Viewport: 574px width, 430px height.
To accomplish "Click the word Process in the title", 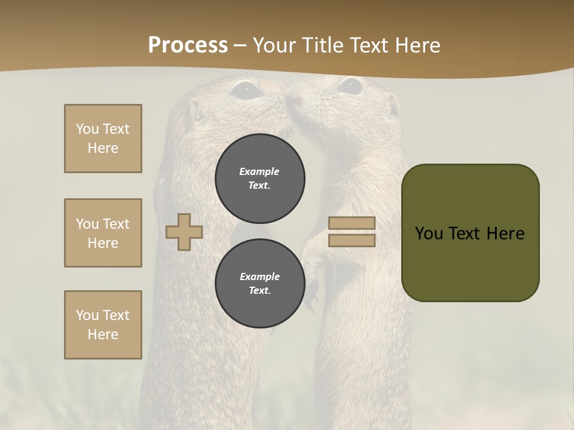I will (x=188, y=45).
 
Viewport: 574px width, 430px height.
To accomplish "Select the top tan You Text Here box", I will (x=103, y=139).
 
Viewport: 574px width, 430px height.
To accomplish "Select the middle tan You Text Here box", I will (x=103, y=233).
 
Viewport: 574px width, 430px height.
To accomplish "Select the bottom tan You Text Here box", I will (x=103, y=324).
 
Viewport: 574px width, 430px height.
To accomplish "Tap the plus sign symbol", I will (x=184, y=232).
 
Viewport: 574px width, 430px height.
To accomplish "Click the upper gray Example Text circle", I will (x=260, y=178).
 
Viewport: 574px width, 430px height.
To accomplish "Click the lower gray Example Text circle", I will (x=260, y=283).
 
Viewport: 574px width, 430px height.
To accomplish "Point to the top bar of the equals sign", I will (x=352, y=223).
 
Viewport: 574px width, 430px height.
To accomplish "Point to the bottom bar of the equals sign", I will (x=352, y=240).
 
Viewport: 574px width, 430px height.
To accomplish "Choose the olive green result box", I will (x=470, y=233).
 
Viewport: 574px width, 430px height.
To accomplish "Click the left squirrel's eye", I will (x=246, y=90).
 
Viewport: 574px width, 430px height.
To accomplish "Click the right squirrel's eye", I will (x=350, y=86).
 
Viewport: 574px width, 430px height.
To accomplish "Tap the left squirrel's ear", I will (x=195, y=110).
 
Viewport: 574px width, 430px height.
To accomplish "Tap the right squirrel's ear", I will (x=392, y=105).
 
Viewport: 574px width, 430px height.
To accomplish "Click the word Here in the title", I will (x=419, y=45).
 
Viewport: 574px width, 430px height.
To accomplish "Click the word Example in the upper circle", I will (x=259, y=171).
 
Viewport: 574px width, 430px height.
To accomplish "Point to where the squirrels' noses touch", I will (x=286, y=99).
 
